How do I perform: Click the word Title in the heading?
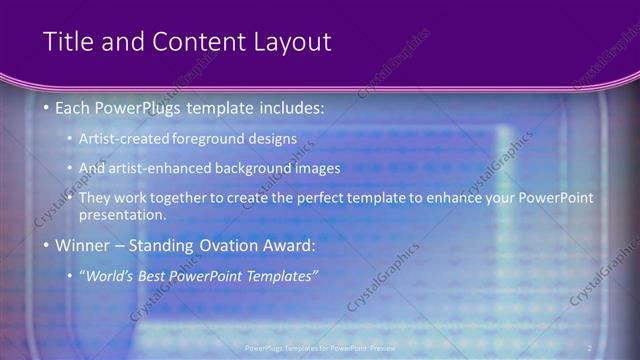click(67, 41)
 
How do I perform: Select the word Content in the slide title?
click(194, 41)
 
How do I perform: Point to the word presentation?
click(122, 215)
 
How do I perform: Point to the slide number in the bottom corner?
click(589, 348)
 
